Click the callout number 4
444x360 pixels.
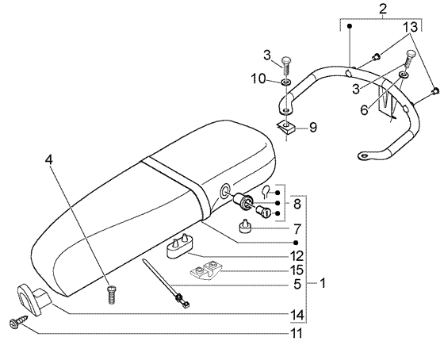pyautogui.click(x=48, y=160)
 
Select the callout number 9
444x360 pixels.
pyautogui.click(x=313, y=128)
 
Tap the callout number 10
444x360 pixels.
pyautogui.click(x=259, y=79)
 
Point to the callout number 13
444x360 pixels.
pyautogui.click(x=411, y=27)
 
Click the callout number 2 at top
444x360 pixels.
pyautogui.click(x=382, y=9)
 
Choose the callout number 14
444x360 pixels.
pyautogui.click(x=297, y=315)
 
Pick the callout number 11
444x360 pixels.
pyautogui.click(x=297, y=333)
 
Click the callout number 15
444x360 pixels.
pyautogui.click(x=297, y=270)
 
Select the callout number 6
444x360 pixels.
pyautogui.click(x=365, y=109)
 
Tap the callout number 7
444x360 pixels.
pyautogui.click(x=297, y=229)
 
